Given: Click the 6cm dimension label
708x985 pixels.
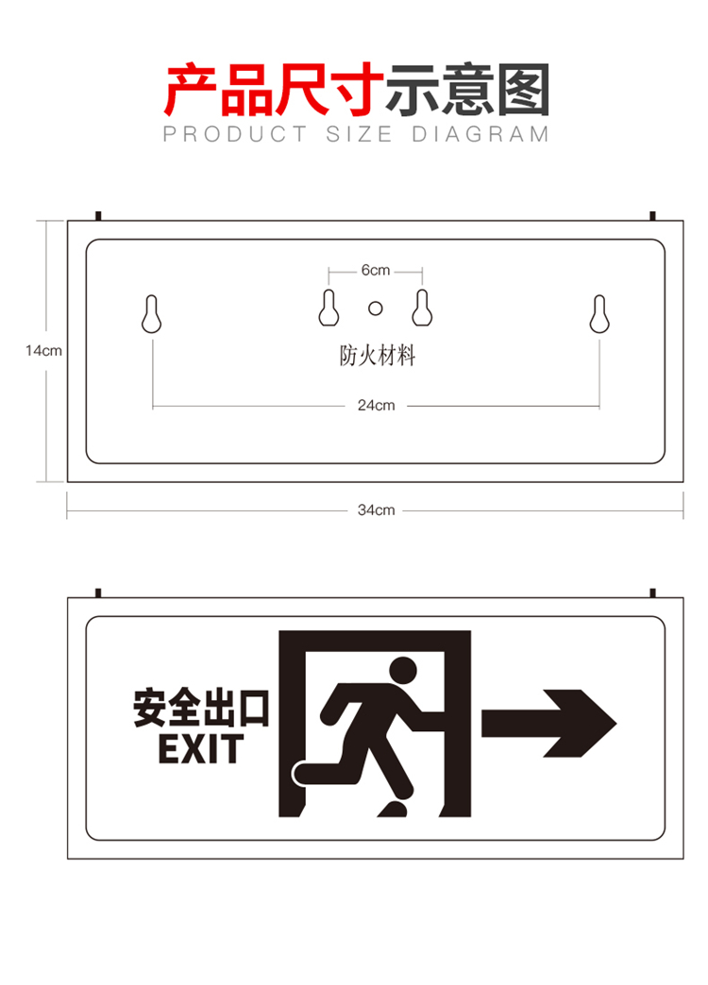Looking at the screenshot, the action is pyautogui.click(x=376, y=270).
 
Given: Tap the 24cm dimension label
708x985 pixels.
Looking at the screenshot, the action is pyautogui.click(x=376, y=405).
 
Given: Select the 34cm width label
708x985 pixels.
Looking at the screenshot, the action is pyautogui.click(x=376, y=510).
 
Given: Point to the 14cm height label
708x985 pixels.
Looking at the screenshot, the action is pyautogui.click(x=43, y=351).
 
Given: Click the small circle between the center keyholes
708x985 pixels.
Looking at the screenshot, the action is pyautogui.click(x=376, y=309).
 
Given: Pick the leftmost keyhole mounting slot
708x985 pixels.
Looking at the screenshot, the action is pyautogui.click(x=152, y=313).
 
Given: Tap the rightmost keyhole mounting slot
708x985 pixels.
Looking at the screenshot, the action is pyautogui.click(x=599, y=313).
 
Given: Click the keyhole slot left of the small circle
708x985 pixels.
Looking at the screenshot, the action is pyautogui.click(x=329, y=308).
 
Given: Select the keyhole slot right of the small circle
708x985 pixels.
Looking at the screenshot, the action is pyautogui.click(x=422, y=308).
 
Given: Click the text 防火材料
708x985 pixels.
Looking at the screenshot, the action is pyautogui.click(x=378, y=356).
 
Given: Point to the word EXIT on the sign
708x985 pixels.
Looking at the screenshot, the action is pyautogui.click(x=200, y=749).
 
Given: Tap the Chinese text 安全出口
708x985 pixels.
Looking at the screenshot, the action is pyautogui.click(x=200, y=708).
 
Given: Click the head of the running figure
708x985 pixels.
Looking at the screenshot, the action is pyautogui.click(x=402, y=670).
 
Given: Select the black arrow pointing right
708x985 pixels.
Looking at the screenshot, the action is pyautogui.click(x=548, y=723).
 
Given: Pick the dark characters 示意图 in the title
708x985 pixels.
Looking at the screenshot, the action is pyautogui.click(x=468, y=90).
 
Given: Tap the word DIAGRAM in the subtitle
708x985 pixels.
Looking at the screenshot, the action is pyautogui.click(x=480, y=134).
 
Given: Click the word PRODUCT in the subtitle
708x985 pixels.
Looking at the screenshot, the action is pyautogui.click(x=235, y=134).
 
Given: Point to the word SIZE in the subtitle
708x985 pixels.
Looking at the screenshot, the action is pyautogui.click(x=359, y=134).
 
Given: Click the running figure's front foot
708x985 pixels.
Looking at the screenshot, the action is pyautogui.click(x=393, y=810).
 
